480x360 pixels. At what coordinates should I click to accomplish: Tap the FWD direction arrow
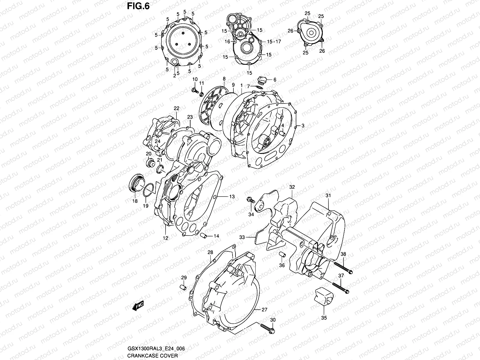tap(138, 306)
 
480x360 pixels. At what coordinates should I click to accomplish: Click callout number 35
tap(324, 318)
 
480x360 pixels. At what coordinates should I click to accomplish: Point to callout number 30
tap(273, 320)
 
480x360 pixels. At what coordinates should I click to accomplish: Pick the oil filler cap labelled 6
tap(262, 81)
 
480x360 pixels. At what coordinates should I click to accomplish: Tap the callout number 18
tap(135, 201)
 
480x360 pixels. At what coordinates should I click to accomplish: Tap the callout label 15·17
tap(274, 42)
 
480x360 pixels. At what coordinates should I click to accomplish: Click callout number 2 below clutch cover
tap(174, 76)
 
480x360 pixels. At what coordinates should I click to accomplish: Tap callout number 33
tap(242, 237)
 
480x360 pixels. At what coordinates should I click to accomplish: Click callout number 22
tap(176, 108)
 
